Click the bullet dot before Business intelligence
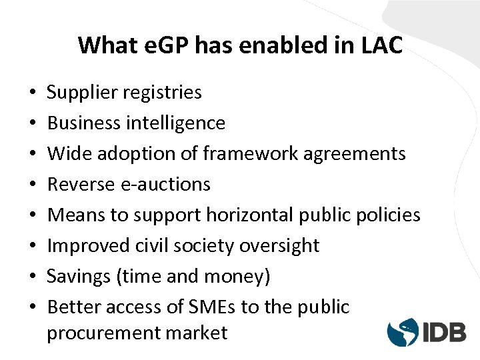coord(32,124)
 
